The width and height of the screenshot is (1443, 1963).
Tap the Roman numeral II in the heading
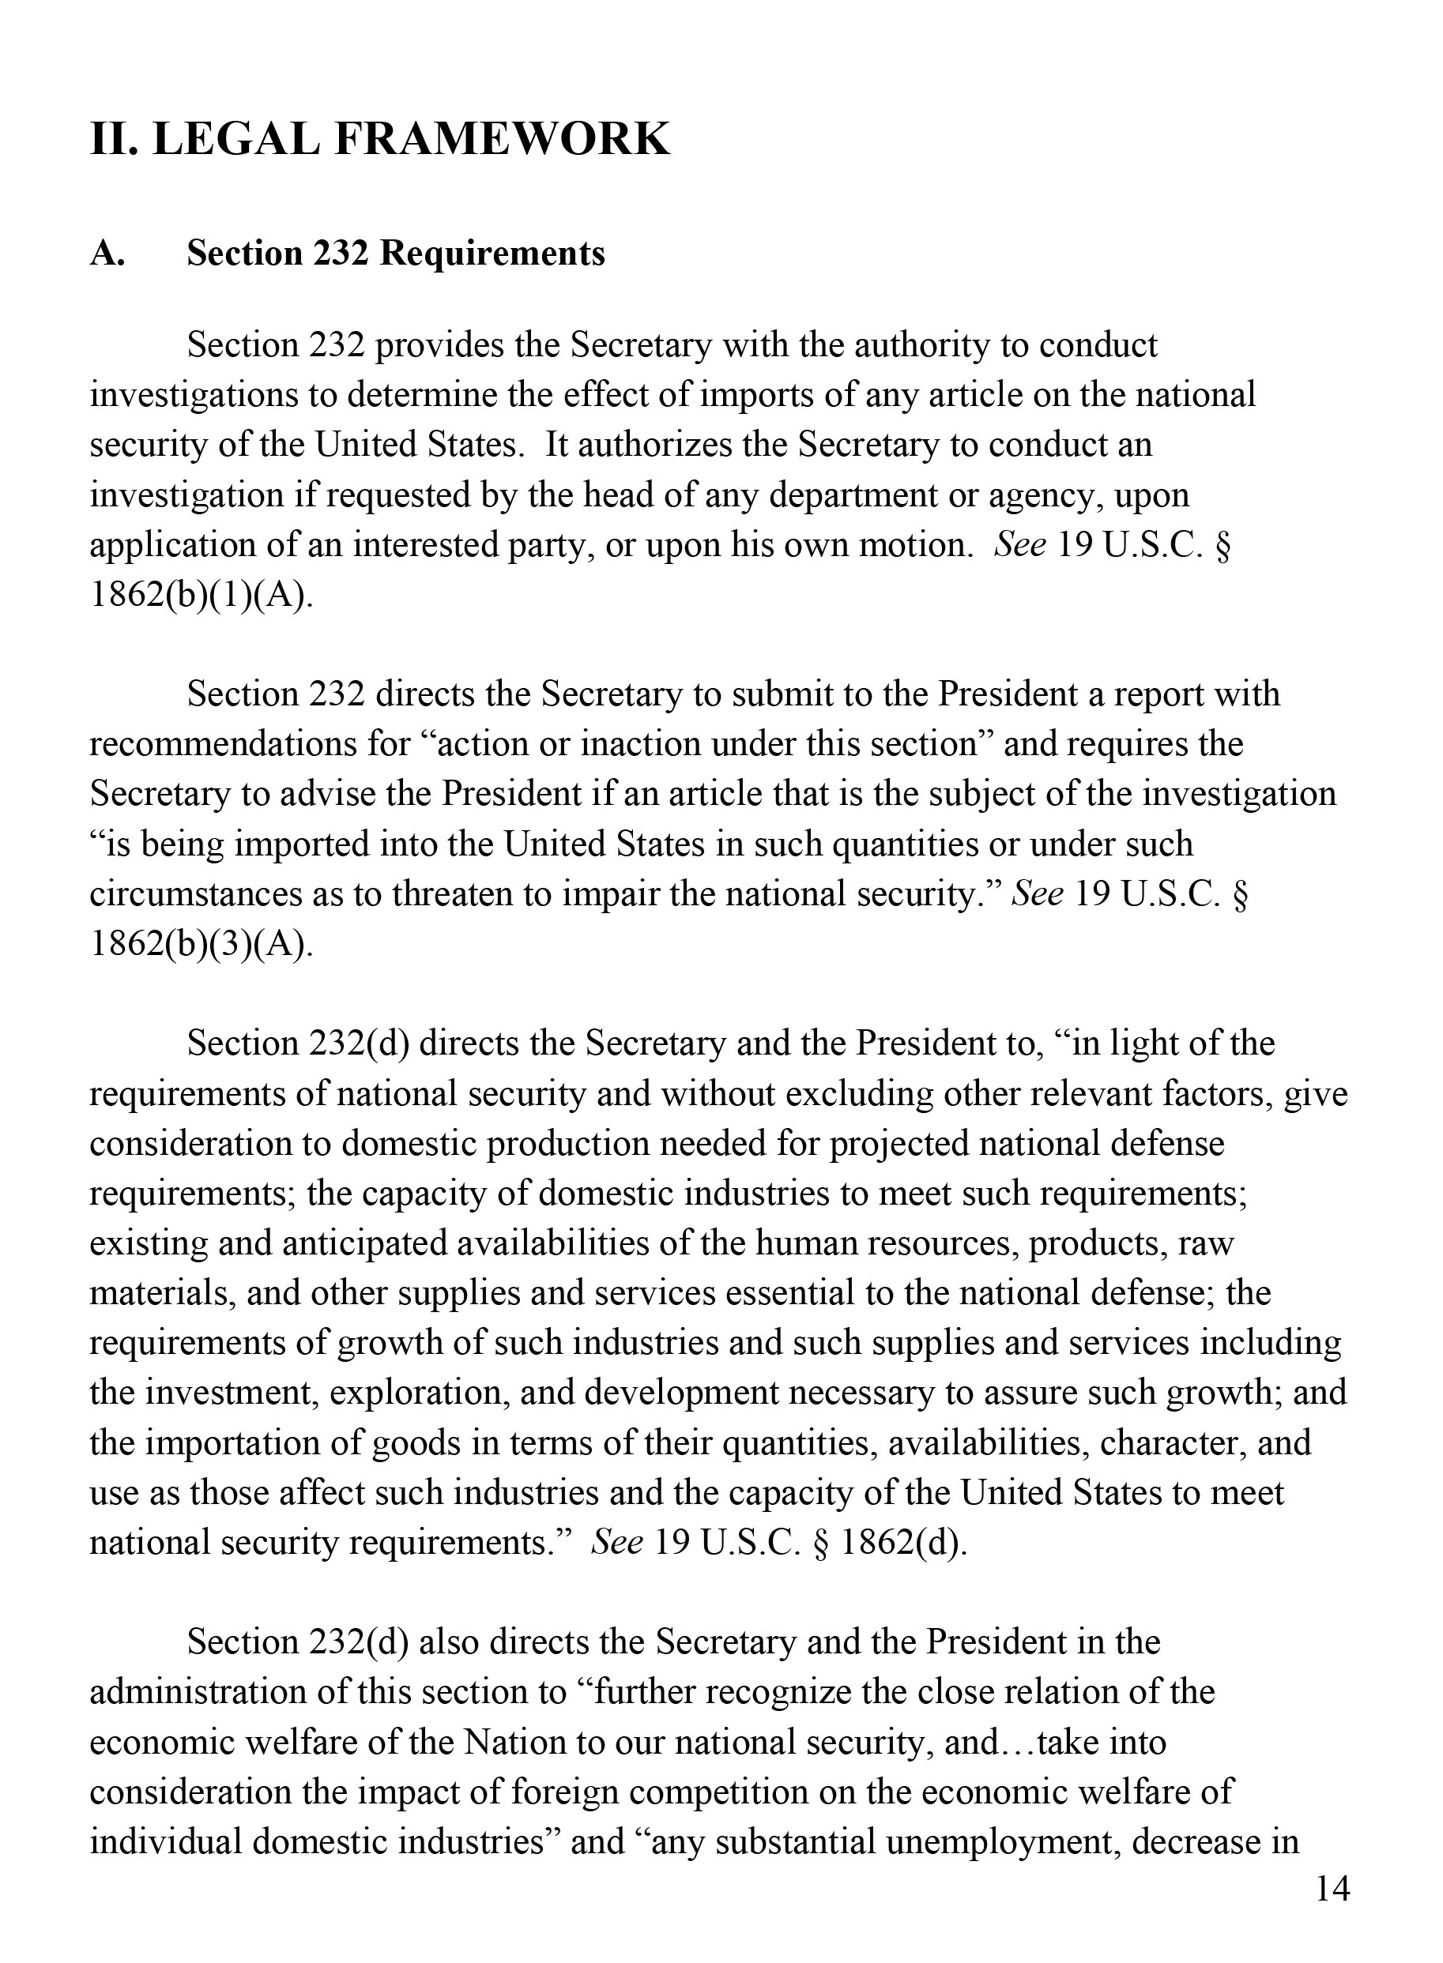[114, 140]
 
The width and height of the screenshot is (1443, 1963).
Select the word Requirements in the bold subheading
[492, 254]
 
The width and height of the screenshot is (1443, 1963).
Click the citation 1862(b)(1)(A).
[200, 596]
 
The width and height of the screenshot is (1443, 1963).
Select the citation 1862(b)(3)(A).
[200, 945]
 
